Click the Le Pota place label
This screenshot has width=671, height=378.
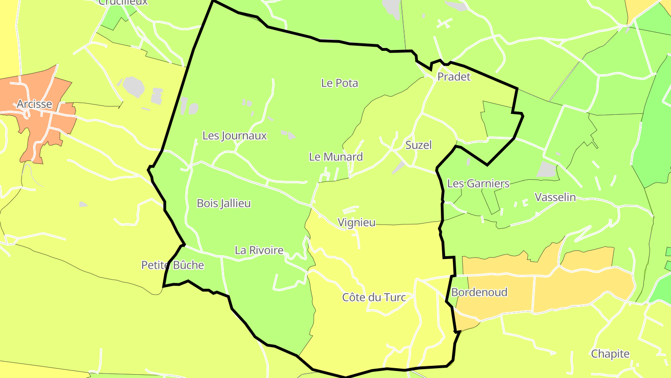[340, 83]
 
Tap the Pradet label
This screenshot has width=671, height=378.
[454, 77]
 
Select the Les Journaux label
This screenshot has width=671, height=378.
[234, 135]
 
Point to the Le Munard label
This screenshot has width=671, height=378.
[335, 157]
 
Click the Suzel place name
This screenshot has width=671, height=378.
[418, 145]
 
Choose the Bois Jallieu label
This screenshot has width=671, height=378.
[224, 203]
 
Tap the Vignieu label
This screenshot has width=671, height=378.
[356, 222]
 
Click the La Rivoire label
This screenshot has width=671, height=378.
[259, 250]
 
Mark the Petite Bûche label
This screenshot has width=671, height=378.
[172, 265]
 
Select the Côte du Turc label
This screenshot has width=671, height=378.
[374, 297]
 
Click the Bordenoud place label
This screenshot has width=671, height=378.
[479, 293]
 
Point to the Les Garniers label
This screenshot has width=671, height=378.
[478, 183]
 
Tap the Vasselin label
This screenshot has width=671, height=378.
[555, 197]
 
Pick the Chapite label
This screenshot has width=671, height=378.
[610, 354]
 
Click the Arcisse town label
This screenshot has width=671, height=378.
[34, 104]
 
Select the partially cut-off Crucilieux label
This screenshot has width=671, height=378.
[123, 2]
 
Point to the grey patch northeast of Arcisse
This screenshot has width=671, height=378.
[134, 86]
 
